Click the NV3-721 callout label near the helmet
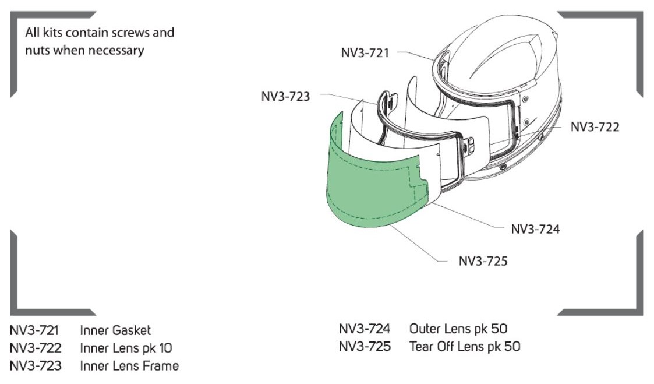(365, 53)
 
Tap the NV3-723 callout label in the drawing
(286, 96)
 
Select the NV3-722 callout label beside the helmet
(595, 127)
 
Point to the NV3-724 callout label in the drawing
(535, 229)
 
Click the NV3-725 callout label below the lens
(483, 261)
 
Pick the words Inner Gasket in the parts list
(115, 330)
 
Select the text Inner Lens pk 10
(126, 348)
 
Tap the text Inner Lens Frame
(129, 366)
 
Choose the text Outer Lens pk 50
(458, 329)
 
